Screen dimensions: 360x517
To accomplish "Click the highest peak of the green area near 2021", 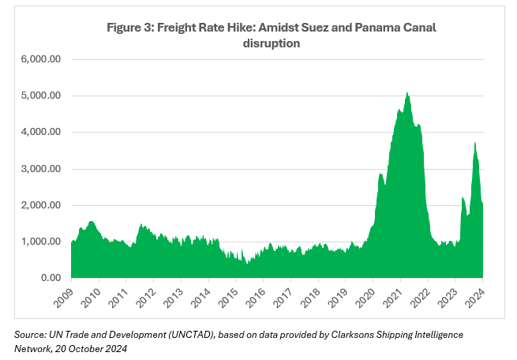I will click(x=406, y=93).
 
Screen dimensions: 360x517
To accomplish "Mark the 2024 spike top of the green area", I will click(x=474, y=143).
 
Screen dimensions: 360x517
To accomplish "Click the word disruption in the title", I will click(x=271, y=43).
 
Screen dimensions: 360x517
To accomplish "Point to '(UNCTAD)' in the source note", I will click(x=189, y=335).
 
